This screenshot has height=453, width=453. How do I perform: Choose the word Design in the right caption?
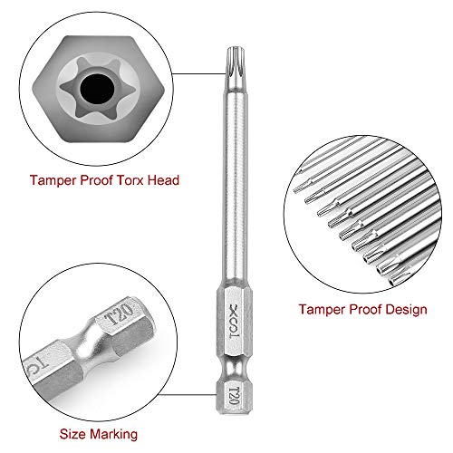point(403,310)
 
